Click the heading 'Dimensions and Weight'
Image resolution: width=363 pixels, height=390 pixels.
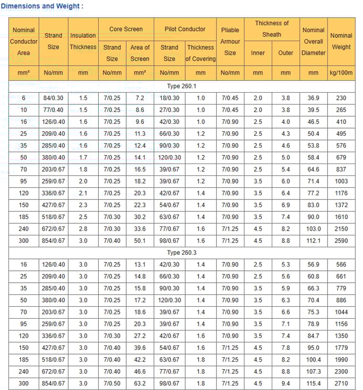42,6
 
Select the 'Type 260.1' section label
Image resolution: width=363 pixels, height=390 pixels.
182,87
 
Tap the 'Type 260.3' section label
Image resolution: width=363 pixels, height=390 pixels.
182,253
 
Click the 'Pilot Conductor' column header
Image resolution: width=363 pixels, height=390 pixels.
185,29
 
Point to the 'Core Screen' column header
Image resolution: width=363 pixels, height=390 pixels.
126,29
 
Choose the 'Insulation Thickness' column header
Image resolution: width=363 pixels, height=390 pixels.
83,41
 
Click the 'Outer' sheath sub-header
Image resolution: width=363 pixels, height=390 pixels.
285,53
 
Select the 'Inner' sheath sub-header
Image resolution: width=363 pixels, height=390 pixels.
258,53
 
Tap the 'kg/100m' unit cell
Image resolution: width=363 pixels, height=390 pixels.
341,73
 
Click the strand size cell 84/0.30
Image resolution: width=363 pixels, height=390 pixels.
53,98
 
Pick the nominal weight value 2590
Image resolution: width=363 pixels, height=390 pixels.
341,241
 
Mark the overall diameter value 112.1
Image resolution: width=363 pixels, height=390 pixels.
313,241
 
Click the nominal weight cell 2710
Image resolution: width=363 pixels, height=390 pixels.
341,383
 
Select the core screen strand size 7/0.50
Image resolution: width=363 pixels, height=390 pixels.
112,383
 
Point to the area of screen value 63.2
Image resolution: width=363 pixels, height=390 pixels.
140,383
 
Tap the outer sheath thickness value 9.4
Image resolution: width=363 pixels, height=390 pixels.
285,383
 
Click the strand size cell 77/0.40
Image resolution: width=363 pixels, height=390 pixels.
53,110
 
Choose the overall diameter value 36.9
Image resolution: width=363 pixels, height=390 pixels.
313,98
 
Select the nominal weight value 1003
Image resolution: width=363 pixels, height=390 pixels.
341,182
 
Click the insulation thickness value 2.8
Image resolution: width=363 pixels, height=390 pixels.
83,229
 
